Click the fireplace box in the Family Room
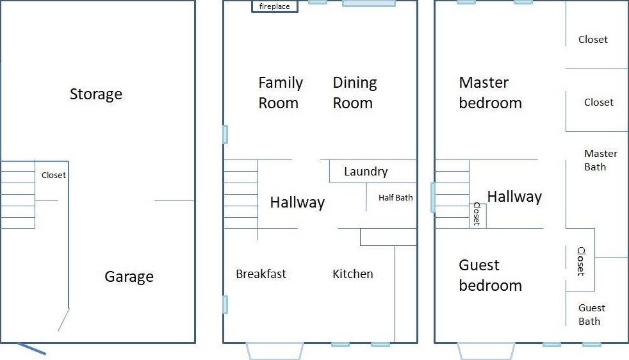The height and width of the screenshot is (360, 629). (x=275, y=6)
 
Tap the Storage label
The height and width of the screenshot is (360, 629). (x=96, y=94)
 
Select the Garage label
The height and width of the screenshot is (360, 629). (x=129, y=277)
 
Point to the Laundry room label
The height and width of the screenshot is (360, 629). (x=366, y=172)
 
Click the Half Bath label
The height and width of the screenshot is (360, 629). (x=396, y=197)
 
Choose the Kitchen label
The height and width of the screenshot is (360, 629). (x=353, y=274)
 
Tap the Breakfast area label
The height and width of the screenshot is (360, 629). (x=261, y=274)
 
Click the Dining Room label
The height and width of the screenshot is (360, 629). (x=355, y=93)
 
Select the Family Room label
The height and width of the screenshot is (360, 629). (x=281, y=93)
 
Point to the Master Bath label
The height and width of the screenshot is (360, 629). (x=601, y=160)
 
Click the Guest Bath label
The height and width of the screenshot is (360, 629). (x=592, y=315)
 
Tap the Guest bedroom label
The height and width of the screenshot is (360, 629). (x=490, y=275)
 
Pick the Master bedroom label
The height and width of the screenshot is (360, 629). (x=490, y=93)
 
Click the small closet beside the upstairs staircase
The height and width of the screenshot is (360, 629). (x=478, y=216)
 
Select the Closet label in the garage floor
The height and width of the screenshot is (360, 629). (x=54, y=175)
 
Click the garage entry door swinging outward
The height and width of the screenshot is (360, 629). (x=31, y=348)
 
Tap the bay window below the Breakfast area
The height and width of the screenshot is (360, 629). (x=275, y=351)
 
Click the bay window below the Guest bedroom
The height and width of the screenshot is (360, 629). (x=486, y=351)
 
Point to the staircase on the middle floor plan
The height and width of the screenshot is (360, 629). (x=241, y=194)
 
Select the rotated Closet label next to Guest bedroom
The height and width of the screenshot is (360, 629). (x=581, y=261)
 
